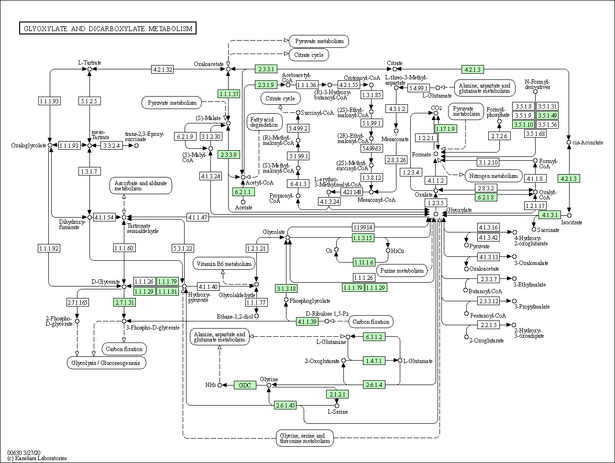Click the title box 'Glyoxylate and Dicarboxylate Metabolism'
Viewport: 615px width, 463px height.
(x=108, y=29)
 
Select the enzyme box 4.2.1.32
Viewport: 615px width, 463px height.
(x=162, y=69)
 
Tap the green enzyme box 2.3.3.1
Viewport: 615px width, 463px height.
(x=266, y=69)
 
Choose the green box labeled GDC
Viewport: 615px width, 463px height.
(x=245, y=385)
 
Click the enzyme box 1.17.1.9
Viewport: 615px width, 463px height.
(x=445, y=129)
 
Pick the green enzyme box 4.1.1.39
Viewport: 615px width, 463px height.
(x=307, y=321)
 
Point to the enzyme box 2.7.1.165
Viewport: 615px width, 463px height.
(x=77, y=302)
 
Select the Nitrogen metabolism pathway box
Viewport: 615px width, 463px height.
(x=493, y=176)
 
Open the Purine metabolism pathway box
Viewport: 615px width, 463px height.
(x=402, y=270)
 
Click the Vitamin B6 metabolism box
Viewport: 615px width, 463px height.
(x=224, y=264)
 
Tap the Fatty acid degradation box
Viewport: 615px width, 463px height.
(x=264, y=122)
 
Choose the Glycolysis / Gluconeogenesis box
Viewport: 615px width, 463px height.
(x=106, y=363)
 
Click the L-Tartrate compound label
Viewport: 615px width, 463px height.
(x=90, y=63)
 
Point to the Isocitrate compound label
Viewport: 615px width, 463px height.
(x=571, y=222)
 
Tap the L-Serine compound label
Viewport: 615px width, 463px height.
(x=337, y=412)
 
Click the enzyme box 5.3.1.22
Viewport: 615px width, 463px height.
(x=183, y=248)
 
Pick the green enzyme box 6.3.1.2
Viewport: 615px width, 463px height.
(x=373, y=337)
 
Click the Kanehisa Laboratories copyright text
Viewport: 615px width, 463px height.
(x=37, y=458)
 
